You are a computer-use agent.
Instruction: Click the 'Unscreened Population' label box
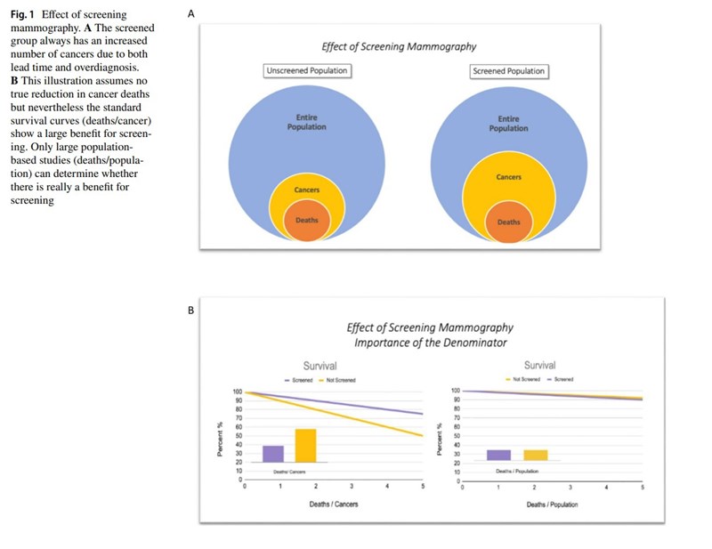point(307,71)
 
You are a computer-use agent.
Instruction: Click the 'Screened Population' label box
point(508,71)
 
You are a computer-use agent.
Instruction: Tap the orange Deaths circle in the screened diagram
point(509,222)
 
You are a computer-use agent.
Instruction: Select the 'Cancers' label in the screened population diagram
point(509,177)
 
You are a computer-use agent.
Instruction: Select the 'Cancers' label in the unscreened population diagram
point(306,190)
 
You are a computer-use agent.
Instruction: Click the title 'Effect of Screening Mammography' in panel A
point(400,46)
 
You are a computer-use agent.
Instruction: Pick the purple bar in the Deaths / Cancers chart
point(273,454)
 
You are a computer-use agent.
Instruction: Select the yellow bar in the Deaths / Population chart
point(536,455)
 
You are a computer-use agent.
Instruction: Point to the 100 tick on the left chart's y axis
point(238,392)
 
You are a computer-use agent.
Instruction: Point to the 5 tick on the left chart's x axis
point(422,488)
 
